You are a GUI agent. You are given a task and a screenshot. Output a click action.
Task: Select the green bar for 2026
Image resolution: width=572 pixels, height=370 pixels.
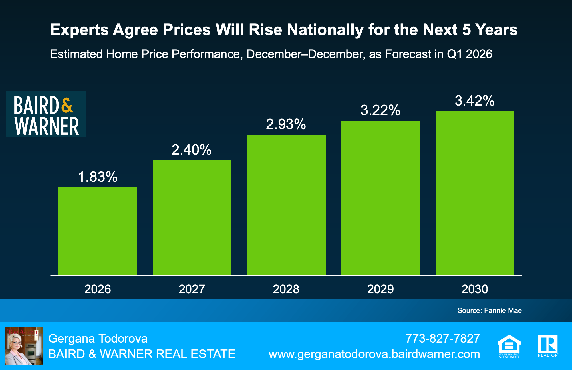tap(98, 231)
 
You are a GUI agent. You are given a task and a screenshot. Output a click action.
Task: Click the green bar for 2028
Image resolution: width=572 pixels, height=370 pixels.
tap(286, 205)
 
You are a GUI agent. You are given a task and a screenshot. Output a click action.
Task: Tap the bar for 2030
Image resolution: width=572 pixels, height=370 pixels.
tap(475, 193)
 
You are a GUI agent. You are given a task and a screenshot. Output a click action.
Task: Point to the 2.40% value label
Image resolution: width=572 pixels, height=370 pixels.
tap(191, 150)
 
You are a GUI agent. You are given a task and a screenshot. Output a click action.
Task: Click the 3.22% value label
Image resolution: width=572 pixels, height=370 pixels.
tap(380, 110)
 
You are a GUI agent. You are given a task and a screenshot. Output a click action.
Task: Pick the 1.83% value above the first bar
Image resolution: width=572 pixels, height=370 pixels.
tap(98, 177)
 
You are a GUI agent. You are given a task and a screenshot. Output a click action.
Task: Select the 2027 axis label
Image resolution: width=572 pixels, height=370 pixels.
tap(192, 289)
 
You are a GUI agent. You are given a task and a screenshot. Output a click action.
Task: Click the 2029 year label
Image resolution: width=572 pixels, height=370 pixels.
tap(380, 289)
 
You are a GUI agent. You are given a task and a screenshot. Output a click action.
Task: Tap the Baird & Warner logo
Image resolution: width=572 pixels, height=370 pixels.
tap(46, 114)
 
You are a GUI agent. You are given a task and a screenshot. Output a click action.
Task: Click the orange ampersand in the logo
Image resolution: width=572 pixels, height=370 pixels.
tap(67, 105)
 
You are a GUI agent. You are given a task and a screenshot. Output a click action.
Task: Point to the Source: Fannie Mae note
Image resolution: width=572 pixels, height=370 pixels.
tap(489, 310)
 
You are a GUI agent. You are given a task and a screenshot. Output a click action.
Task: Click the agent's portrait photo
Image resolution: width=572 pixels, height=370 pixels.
tap(24, 346)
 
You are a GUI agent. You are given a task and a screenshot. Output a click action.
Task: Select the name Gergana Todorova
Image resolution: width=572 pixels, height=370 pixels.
tap(98, 339)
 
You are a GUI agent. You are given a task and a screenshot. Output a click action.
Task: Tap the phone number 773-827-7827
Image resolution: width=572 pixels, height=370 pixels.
tap(442, 339)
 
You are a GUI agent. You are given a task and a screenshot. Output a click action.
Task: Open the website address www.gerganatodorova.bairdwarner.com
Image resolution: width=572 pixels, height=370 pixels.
tap(374, 354)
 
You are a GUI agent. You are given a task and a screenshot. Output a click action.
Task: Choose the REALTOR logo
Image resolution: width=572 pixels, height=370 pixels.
tap(548, 345)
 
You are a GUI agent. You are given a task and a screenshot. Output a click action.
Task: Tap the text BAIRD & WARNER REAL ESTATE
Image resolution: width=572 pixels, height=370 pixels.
tap(142, 354)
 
